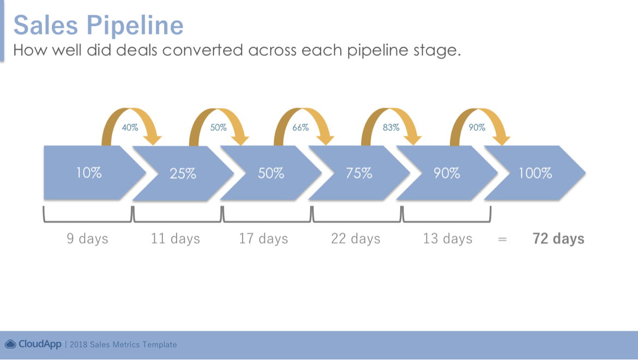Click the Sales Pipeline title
(99, 25)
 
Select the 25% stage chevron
(183, 173)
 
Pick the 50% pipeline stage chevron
(271, 173)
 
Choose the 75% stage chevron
(359, 173)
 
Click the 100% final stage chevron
(534, 173)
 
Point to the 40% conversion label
(130, 128)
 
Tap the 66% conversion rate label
(300, 128)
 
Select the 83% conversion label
(390, 128)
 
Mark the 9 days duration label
(87, 238)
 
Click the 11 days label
(176, 238)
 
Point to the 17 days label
(263, 238)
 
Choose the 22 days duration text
(356, 238)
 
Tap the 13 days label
(448, 238)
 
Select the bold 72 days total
(558, 238)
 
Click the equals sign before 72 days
(503, 239)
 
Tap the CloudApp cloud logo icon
(10, 344)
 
